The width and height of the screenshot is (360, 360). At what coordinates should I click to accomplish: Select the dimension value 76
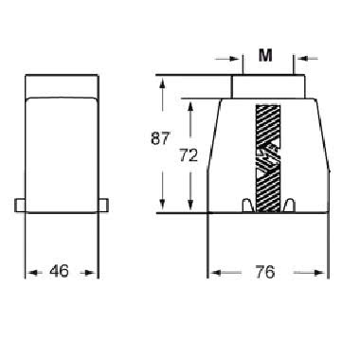(264, 273)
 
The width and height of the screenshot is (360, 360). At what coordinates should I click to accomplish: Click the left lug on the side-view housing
(20, 205)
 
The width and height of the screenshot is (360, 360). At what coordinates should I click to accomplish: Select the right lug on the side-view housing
(100, 205)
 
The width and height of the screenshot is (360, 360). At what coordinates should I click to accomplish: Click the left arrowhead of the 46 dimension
(28, 273)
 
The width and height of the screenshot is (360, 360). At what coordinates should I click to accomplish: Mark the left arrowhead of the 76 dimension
(214, 273)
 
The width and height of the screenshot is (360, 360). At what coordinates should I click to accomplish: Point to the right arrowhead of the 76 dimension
(321, 273)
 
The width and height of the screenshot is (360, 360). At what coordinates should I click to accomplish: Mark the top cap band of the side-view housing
(60, 86)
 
